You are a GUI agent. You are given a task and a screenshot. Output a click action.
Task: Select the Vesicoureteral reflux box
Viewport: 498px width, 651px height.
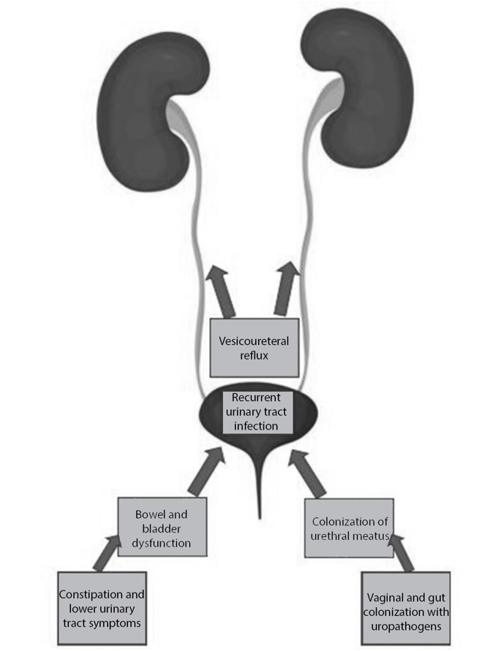click(x=254, y=347)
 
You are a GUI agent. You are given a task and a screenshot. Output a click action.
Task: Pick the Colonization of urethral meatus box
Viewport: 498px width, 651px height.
click(x=348, y=527)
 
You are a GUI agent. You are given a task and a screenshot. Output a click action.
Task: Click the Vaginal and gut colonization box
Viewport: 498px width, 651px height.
click(x=404, y=609)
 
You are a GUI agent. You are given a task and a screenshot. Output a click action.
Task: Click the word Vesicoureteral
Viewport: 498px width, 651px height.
click(x=254, y=340)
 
